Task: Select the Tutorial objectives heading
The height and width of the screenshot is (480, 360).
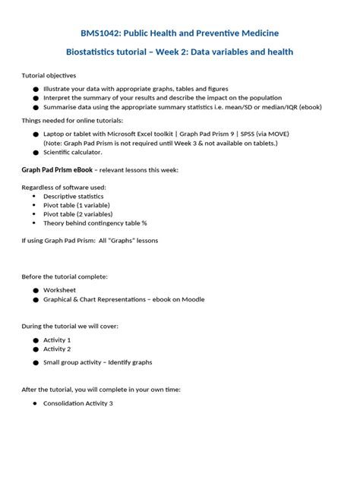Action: pos(49,76)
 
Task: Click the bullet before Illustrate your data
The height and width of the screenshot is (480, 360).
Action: pos(35,89)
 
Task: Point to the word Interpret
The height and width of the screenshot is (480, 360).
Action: pos(58,98)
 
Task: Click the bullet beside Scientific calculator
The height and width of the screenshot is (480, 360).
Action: pos(35,152)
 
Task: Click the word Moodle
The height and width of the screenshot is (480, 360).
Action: pos(192,299)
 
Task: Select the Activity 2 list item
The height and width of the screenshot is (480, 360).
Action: pos(57,349)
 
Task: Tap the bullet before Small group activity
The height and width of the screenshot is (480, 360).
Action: pos(35,362)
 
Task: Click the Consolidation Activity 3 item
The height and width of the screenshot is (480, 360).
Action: pos(78,403)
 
